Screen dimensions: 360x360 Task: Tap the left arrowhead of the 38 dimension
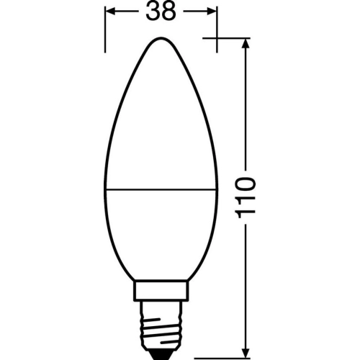click(112, 13)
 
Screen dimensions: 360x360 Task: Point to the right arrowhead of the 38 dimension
click(212, 13)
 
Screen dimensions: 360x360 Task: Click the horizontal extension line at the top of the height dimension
click(230, 37)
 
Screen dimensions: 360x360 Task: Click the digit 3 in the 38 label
click(151, 13)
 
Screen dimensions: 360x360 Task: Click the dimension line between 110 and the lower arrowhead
click(247, 288)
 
